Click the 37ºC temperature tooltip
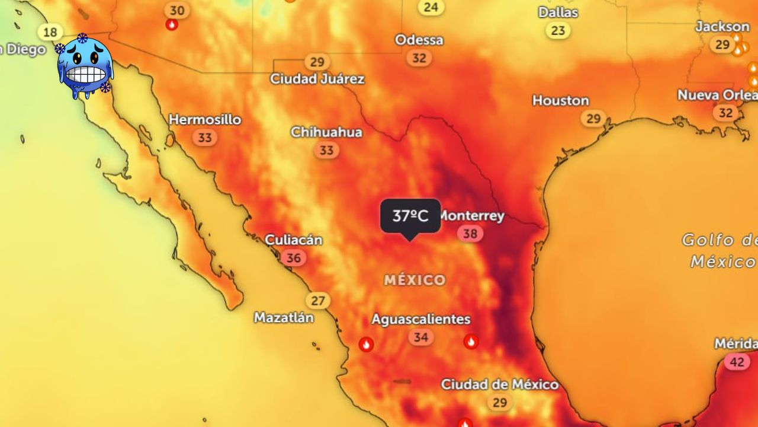coord(410,216)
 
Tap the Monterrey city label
coord(472,216)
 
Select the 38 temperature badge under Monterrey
coord(470,234)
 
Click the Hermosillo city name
coord(205,120)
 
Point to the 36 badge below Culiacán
coord(293,258)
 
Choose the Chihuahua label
coord(326,132)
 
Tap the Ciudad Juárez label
coord(317,79)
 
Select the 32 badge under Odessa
coord(419,58)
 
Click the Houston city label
coord(560,101)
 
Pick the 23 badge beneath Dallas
coord(558,30)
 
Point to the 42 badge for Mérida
coord(737,362)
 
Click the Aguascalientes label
coord(420,319)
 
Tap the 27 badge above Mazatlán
coord(318,301)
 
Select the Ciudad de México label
coord(499,385)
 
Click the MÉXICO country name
coord(415,280)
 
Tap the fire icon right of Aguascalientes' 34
coord(471,341)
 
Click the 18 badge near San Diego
coord(51,32)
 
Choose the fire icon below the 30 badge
coord(172,25)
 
